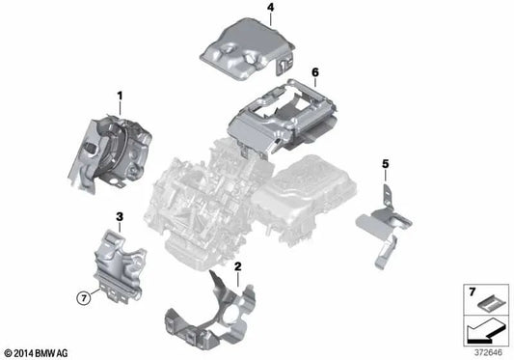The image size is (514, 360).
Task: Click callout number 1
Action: (x=120, y=96)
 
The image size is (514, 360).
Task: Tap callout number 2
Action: (x=237, y=264)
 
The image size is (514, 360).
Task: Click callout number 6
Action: (x=314, y=71)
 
